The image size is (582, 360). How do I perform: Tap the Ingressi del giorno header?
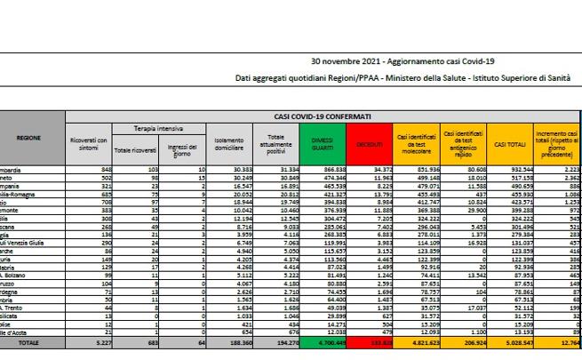click(180, 143)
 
